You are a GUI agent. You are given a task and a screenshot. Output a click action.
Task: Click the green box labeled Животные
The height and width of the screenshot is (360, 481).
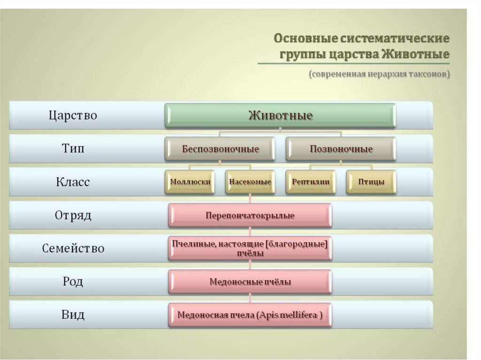pyautogui.click(x=280, y=115)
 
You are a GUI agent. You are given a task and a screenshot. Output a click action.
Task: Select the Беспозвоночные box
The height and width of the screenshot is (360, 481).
pyautogui.click(x=220, y=149)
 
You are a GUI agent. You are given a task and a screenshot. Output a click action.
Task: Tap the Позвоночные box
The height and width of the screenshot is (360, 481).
pyautogui.click(x=341, y=149)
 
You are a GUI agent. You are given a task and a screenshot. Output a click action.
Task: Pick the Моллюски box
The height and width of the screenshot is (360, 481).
pyautogui.click(x=190, y=182)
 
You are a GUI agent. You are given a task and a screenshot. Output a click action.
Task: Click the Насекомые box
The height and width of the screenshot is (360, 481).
pyautogui.click(x=250, y=182)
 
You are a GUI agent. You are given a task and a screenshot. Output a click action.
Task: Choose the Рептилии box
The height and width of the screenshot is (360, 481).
pyautogui.click(x=310, y=182)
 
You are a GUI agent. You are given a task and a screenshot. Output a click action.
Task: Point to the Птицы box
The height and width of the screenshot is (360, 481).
pyautogui.click(x=371, y=182)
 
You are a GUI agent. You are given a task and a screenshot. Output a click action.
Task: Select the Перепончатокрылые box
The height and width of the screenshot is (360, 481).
pyautogui.click(x=250, y=216)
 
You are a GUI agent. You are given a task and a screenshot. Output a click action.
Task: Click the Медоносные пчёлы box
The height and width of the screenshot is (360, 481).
pyautogui.click(x=250, y=282)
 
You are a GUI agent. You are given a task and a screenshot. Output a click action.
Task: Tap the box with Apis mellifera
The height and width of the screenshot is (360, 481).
pyautogui.click(x=250, y=315)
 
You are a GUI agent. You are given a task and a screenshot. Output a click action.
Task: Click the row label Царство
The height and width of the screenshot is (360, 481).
pyautogui.click(x=73, y=115)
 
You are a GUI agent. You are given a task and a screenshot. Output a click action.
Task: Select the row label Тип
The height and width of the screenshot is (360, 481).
pyautogui.click(x=73, y=149)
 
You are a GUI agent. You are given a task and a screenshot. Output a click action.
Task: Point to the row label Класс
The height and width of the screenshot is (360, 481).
pyautogui.click(x=73, y=182)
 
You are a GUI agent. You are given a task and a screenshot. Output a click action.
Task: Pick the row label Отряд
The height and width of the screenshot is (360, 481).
pyautogui.click(x=73, y=216)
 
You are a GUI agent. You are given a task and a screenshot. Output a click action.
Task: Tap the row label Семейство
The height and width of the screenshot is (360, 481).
pyautogui.click(x=73, y=249)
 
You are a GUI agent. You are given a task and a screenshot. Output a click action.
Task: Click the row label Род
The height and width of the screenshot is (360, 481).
pyautogui.click(x=73, y=282)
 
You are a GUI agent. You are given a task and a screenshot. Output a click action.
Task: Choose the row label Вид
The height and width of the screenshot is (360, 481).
pyautogui.click(x=73, y=314)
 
